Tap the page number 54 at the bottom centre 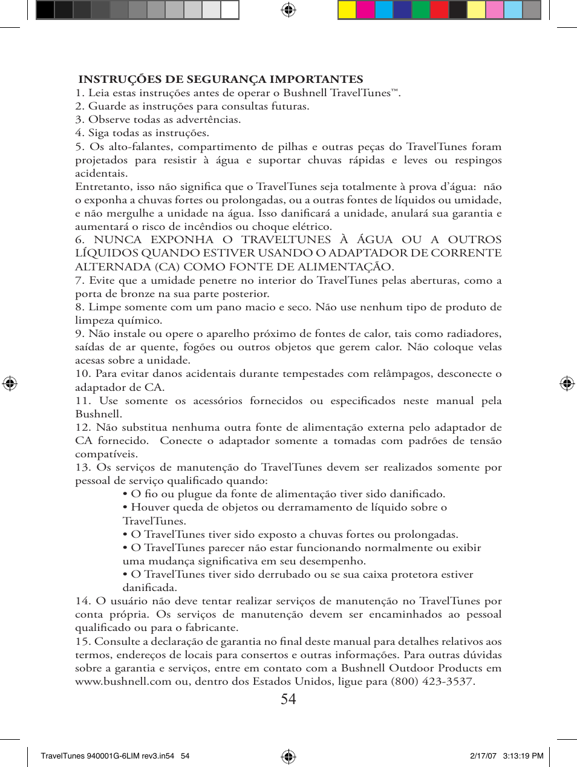(288, 699)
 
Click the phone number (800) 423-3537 (431, 681)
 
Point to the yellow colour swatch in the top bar (347, 10)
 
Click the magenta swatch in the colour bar (365, 10)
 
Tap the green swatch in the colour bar (420, 10)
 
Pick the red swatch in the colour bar (439, 10)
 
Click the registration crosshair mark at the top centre (288, 10)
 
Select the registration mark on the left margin (10, 383)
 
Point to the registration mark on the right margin (567, 383)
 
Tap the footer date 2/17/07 (483, 756)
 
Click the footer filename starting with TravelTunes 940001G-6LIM (107, 756)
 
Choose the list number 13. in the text (83, 467)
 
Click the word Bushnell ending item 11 (99, 414)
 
